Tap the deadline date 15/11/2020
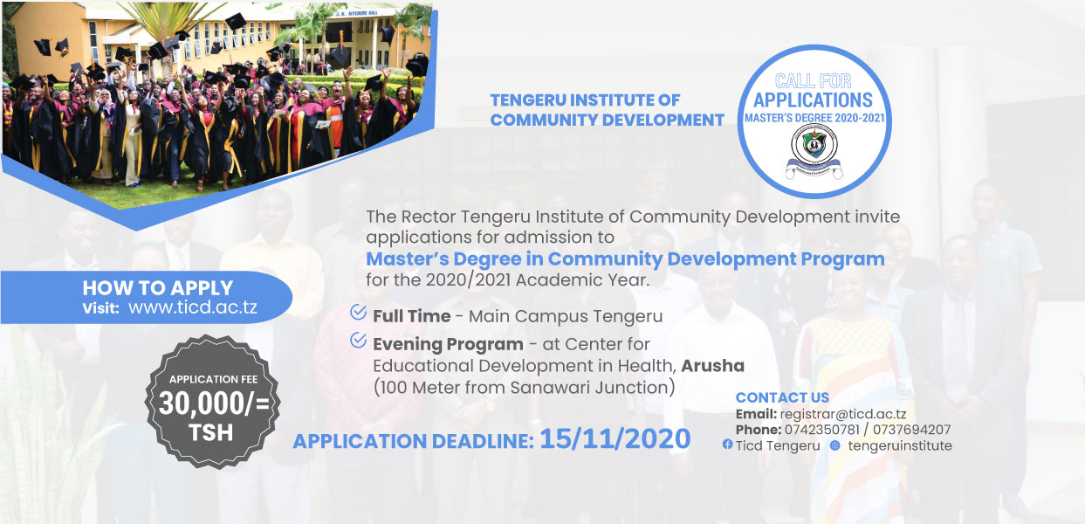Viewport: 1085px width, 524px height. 615,438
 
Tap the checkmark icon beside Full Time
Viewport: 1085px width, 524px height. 358,313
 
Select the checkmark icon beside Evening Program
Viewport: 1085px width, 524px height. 358,341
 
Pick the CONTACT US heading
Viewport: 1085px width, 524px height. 782,398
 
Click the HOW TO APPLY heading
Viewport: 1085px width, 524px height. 158,287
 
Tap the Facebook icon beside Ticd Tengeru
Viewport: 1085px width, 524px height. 727,446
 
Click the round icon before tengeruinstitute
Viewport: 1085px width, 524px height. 835,445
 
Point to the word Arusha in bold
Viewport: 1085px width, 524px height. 712,364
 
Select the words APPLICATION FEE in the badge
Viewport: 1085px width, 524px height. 213,380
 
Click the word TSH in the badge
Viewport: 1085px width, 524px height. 213,432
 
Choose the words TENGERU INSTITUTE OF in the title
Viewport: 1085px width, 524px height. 584,100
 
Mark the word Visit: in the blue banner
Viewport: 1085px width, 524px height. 100,308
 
